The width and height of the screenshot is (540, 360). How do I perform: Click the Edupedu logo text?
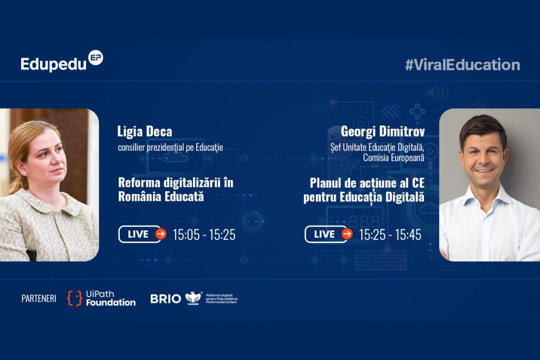(x=53, y=64)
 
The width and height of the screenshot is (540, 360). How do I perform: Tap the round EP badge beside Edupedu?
(x=95, y=58)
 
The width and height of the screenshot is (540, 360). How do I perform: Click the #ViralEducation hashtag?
(x=462, y=65)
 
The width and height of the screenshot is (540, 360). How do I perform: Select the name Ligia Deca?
(x=144, y=131)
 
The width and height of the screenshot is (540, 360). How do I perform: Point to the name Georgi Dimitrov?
(x=383, y=131)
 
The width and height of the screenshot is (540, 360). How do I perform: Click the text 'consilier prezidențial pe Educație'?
(x=170, y=148)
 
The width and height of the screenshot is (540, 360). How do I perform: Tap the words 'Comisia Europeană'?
(x=393, y=158)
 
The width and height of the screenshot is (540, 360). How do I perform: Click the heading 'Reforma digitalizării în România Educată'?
(x=176, y=190)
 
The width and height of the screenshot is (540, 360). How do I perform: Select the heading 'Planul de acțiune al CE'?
(x=367, y=183)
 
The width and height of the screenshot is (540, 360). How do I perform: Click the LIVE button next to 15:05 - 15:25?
(x=142, y=235)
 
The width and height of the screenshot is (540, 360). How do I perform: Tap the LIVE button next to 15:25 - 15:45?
(x=329, y=235)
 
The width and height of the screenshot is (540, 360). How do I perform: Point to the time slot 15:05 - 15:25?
(x=204, y=235)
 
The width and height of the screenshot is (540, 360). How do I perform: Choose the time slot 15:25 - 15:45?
(x=390, y=235)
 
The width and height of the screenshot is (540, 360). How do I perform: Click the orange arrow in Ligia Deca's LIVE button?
(x=161, y=234)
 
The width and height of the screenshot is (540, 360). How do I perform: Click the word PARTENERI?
(x=39, y=298)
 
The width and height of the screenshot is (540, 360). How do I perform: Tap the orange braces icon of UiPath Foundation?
(x=74, y=298)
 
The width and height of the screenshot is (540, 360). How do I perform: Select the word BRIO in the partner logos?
(x=166, y=299)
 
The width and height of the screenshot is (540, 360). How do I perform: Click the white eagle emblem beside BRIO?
(x=194, y=298)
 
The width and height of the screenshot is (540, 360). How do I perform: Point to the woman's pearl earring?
(x=25, y=174)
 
